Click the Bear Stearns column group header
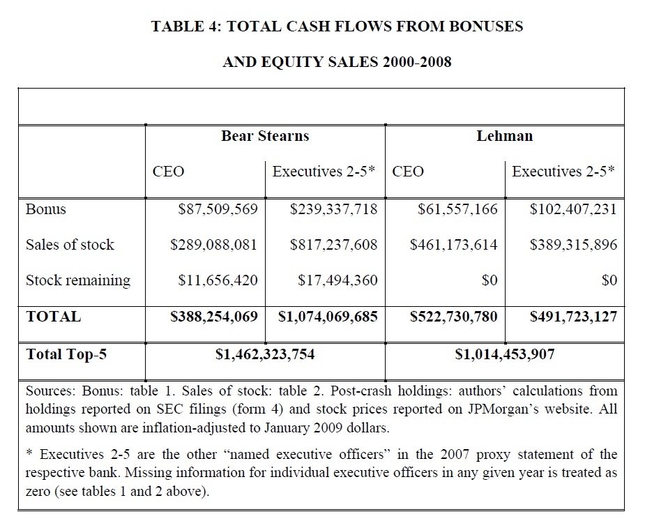click(x=264, y=136)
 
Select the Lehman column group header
click(x=504, y=136)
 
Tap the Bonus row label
click(x=45, y=209)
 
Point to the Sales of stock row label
click(x=70, y=245)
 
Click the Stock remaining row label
click(x=78, y=280)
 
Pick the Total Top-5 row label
click(x=66, y=354)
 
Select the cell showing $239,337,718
click(x=333, y=209)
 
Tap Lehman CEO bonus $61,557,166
click(x=457, y=209)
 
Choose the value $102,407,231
click(x=573, y=209)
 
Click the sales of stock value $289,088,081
click(x=214, y=245)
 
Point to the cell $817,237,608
click(x=333, y=245)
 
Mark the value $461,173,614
click(x=454, y=245)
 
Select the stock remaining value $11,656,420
click(x=218, y=280)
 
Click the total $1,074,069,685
click(x=328, y=317)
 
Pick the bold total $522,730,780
click(x=454, y=317)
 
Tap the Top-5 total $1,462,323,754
click(x=265, y=354)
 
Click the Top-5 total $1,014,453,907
click(x=505, y=354)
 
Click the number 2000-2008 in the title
click(x=416, y=62)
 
